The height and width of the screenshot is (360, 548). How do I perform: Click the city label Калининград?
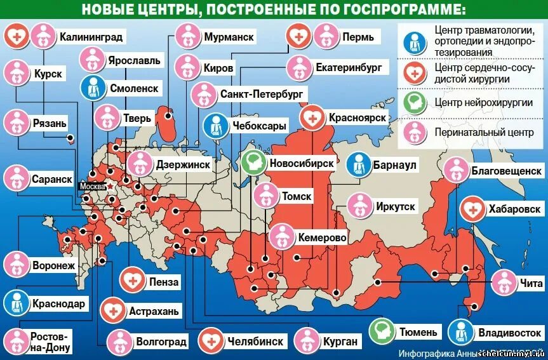coord(91,37)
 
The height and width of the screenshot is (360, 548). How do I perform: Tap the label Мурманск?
coord(229,37)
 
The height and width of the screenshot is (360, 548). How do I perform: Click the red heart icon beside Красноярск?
coord(312,118)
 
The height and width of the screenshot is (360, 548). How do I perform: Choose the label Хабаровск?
coord(514,208)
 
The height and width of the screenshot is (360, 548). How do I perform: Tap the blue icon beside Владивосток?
coord(461,331)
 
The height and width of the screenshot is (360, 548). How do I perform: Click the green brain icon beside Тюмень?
coord(383,331)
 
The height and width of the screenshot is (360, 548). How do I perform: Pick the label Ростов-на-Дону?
coord(51,341)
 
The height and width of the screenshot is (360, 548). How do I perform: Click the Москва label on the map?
coord(92,187)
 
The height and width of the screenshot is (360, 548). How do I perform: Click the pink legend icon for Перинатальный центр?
coord(414,133)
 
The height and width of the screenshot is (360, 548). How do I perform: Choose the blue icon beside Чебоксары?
coord(216,126)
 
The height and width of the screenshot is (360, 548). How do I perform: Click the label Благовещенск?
coord(505,170)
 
